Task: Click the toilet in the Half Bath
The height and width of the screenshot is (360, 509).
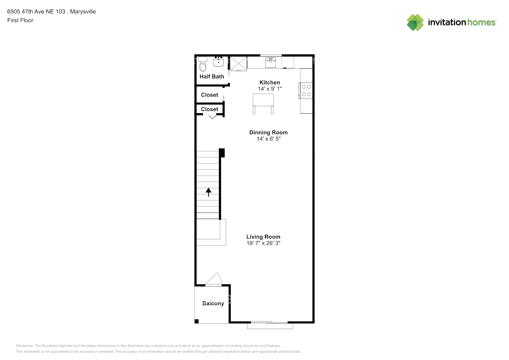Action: pyautogui.click(x=203, y=65)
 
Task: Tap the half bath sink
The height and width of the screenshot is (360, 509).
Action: pyautogui.click(x=218, y=62)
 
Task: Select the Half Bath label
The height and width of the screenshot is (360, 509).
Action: pyautogui.click(x=212, y=77)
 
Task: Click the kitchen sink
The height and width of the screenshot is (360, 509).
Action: pyautogui.click(x=271, y=62)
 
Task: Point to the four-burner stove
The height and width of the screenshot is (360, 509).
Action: pyautogui.click(x=306, y=90)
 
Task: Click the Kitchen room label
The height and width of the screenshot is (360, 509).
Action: pyautogui.click(x=270, y=82)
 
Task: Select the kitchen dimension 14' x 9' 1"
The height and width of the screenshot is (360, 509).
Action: pyautogui.click(x=270, y=89)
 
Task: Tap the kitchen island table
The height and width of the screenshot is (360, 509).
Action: pyautogui.click(x=263, y=101)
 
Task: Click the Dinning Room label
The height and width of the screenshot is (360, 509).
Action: pyautogui.click(x=268, y=132)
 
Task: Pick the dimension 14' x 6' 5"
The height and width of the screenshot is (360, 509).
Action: pyautogui.click(x=268, y=139)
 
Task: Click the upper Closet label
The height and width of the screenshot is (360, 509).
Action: pyautogui.click(x=210, y=95)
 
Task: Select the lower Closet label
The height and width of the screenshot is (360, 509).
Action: pyautogui.click(x=210, y=109)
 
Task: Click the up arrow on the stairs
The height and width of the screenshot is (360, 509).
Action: pyautogui.click(x=208, y=192)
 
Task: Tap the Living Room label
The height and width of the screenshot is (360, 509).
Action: pyautogui.click(x=263, y=237)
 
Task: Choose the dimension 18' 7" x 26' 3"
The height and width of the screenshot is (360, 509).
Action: pyautogui.click(x=263, y=243)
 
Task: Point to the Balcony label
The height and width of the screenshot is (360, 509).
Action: pyautogui.click(x=213, y=303)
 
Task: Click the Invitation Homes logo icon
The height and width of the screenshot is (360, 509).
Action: pyautogui.click(x=415, y=22)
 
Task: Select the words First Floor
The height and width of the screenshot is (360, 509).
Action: pyautogui.click(x=20, y=20)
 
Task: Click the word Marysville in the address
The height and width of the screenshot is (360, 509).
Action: pyautogui.click(x=83, y=12)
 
